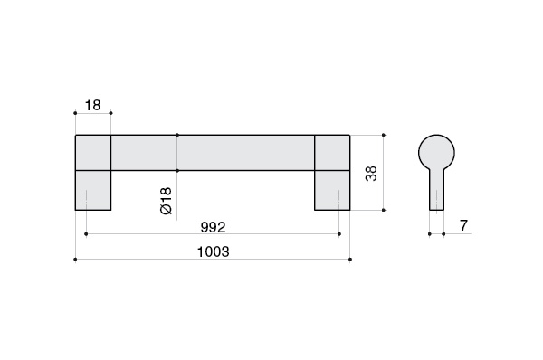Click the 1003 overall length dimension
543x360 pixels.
click(x=213, y=251)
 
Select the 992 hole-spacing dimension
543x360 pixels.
click(x=213, y=227)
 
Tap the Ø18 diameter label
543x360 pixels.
click(x=167, y=201)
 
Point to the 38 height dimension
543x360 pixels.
click(x=371, y=173)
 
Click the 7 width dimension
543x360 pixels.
click(x=463, y=225)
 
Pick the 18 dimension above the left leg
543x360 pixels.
click(x=92, y=105)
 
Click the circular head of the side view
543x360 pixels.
click(x=436, y=152)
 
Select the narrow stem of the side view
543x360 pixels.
click(x=437, y=189)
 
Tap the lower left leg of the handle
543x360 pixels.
click(x=93, y=190)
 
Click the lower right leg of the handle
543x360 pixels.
click(x=332, y=190)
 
